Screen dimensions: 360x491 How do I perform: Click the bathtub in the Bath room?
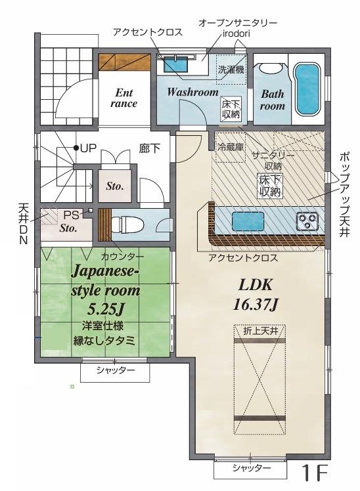(307, 89)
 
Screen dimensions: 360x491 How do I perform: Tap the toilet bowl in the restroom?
(127, 225)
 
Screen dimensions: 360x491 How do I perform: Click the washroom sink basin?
(175, 64)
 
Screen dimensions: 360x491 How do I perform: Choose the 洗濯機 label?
(231, 70)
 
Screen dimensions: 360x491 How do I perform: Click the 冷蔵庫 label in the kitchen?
(231, 147)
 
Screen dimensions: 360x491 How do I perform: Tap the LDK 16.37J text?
(256, 294)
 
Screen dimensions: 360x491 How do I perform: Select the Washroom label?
(192, 92)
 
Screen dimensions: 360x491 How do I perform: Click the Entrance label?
(124, 98)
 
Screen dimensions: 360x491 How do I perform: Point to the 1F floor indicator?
(315, 473)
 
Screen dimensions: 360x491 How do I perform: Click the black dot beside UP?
(76, 148)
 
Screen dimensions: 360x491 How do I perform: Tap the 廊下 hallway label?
(150, 148)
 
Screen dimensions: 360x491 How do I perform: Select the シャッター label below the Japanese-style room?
(116, 370)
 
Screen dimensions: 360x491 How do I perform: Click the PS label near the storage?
(71, 215)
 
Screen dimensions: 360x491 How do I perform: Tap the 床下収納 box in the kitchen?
(270, 185)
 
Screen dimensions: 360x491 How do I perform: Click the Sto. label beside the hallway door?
(115, 186)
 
